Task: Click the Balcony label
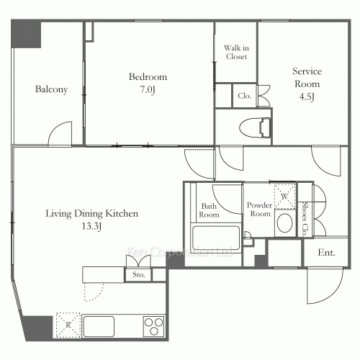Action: tap(51, 89)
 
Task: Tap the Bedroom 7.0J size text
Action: tap(148, 90)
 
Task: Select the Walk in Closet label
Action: tap(236, 52)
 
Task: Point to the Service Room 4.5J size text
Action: tap(307, 96)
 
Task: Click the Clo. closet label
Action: tap(245, 96)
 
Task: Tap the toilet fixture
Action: tap(255, 127)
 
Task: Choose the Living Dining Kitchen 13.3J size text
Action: tap(91, 226)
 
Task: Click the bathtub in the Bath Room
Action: tap(216, 238)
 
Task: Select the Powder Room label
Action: tap(260, 210)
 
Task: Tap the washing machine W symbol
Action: tap(285, 196)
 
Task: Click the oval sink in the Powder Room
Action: tap(285, 223)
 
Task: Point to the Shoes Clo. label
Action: tap(305, 219)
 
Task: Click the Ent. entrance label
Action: tap(326, 253)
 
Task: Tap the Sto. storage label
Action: tap(139, 274)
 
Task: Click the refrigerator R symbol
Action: tap(68, 325)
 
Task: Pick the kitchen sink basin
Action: tap(99, 326)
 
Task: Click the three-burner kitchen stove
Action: tap(154, 326)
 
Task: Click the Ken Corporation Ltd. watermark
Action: tap(180, 252)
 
